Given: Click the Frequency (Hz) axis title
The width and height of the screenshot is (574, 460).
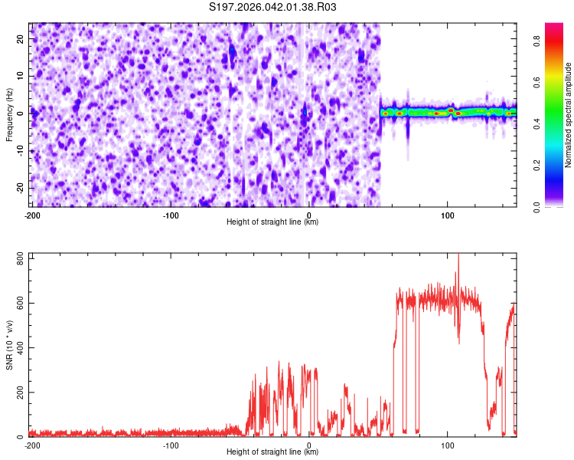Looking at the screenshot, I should (9, 114).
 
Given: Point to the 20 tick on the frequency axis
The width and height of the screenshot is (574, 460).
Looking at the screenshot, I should (21, 38).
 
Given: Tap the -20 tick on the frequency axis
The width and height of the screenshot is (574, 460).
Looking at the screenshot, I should (20, 188).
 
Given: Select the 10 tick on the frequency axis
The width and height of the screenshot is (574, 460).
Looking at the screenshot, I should (21, 75).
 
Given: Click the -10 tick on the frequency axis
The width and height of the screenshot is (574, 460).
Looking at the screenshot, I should (20, 150).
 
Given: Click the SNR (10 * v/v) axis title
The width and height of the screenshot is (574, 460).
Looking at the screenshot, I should (9, 345).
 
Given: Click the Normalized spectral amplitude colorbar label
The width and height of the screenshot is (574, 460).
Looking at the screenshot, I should (569, 115).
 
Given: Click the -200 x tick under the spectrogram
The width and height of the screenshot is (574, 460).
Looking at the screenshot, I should (32, 215).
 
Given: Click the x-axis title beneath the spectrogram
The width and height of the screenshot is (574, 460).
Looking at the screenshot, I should (272, 222).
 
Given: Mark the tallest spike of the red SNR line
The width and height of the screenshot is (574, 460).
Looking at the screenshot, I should (458, 255).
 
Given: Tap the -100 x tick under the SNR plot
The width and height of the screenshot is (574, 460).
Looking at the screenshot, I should (170, 445).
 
